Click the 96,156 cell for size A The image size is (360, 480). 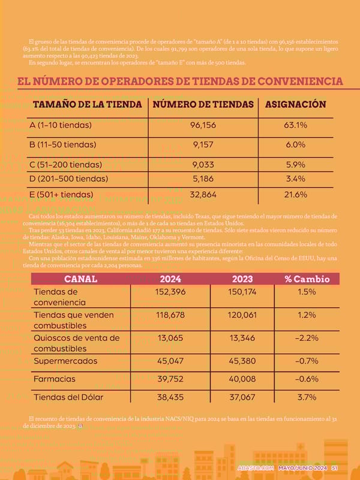203,125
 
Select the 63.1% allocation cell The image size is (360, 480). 295,125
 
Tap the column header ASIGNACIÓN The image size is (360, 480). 295,104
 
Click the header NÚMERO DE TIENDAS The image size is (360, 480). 203,104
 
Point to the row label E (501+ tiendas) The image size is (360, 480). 61,194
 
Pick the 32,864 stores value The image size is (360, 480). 203,194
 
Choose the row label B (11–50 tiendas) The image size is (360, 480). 62,145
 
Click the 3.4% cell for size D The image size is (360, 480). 295,179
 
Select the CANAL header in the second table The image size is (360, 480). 80,279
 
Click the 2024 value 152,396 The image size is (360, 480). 170,291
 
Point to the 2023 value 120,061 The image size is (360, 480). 242,314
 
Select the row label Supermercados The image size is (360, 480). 65,361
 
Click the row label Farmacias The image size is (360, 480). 55,379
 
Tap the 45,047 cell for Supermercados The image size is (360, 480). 170,361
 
